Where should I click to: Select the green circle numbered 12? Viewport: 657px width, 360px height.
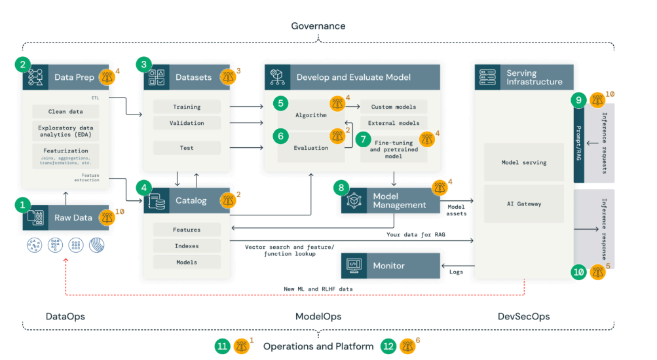point(388,346)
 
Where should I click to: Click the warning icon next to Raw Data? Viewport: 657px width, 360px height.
point(107,217)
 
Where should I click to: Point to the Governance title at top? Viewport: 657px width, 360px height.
point(318,26)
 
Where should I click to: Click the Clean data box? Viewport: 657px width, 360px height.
point(65,111)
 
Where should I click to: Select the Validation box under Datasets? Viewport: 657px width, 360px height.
point(187,123)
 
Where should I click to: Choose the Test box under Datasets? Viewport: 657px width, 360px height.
point(187,148)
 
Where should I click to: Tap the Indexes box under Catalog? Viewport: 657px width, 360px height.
point(187,246)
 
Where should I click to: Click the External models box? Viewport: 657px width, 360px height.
point(393,123)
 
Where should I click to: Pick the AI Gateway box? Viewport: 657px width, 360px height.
point(524,204)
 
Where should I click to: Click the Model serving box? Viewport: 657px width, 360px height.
point(524,162)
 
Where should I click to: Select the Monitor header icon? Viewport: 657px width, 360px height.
point(354,266)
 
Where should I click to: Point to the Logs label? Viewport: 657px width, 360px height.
point(456,271)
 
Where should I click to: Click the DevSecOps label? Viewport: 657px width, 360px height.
point(523,316)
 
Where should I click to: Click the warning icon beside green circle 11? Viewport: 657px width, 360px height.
point(241,346)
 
